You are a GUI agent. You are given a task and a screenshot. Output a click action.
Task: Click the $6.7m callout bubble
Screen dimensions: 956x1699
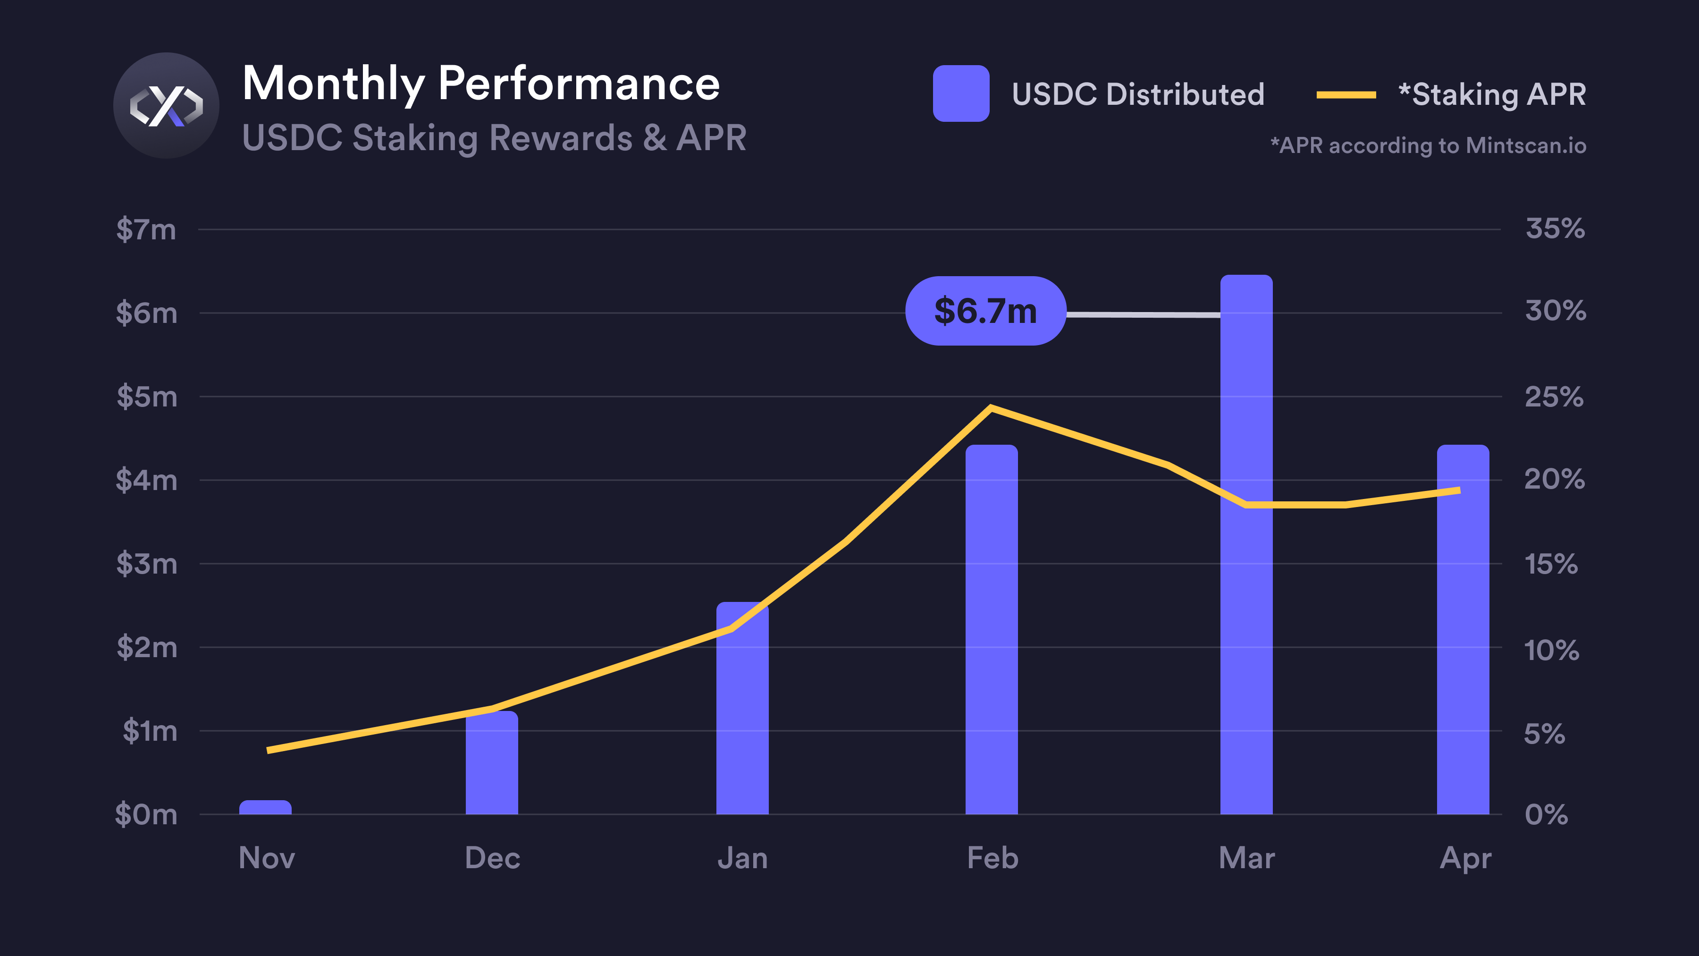click(985, 311)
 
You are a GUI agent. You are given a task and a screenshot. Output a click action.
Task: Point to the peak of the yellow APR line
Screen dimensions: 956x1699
click(991, 408)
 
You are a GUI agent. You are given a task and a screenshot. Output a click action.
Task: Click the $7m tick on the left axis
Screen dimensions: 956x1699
click(146, 229)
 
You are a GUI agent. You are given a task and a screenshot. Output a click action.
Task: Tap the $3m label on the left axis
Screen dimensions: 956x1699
click(146, 564)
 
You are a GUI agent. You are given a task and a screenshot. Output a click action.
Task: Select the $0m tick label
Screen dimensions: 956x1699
click(146, 815)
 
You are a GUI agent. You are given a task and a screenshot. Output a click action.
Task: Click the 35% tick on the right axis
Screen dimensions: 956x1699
click(1555, 228)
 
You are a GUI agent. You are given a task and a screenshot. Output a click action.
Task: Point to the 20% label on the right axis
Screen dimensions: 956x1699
click(1554, 479)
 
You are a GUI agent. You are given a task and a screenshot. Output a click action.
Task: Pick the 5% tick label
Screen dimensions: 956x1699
click(1544, 734)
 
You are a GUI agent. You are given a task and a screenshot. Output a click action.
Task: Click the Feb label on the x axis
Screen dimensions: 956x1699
click(992, 858)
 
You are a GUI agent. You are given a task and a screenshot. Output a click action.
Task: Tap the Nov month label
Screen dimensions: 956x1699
click(267, 858)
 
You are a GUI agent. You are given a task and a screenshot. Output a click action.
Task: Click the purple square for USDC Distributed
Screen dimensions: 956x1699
click(960, 93)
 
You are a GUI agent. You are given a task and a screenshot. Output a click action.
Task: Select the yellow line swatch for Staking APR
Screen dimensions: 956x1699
click(1346, 95)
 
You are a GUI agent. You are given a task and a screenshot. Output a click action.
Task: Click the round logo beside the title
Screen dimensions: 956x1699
click(166, 106)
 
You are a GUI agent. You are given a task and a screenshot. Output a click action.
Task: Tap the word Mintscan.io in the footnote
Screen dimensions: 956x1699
click(1525, 146)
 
